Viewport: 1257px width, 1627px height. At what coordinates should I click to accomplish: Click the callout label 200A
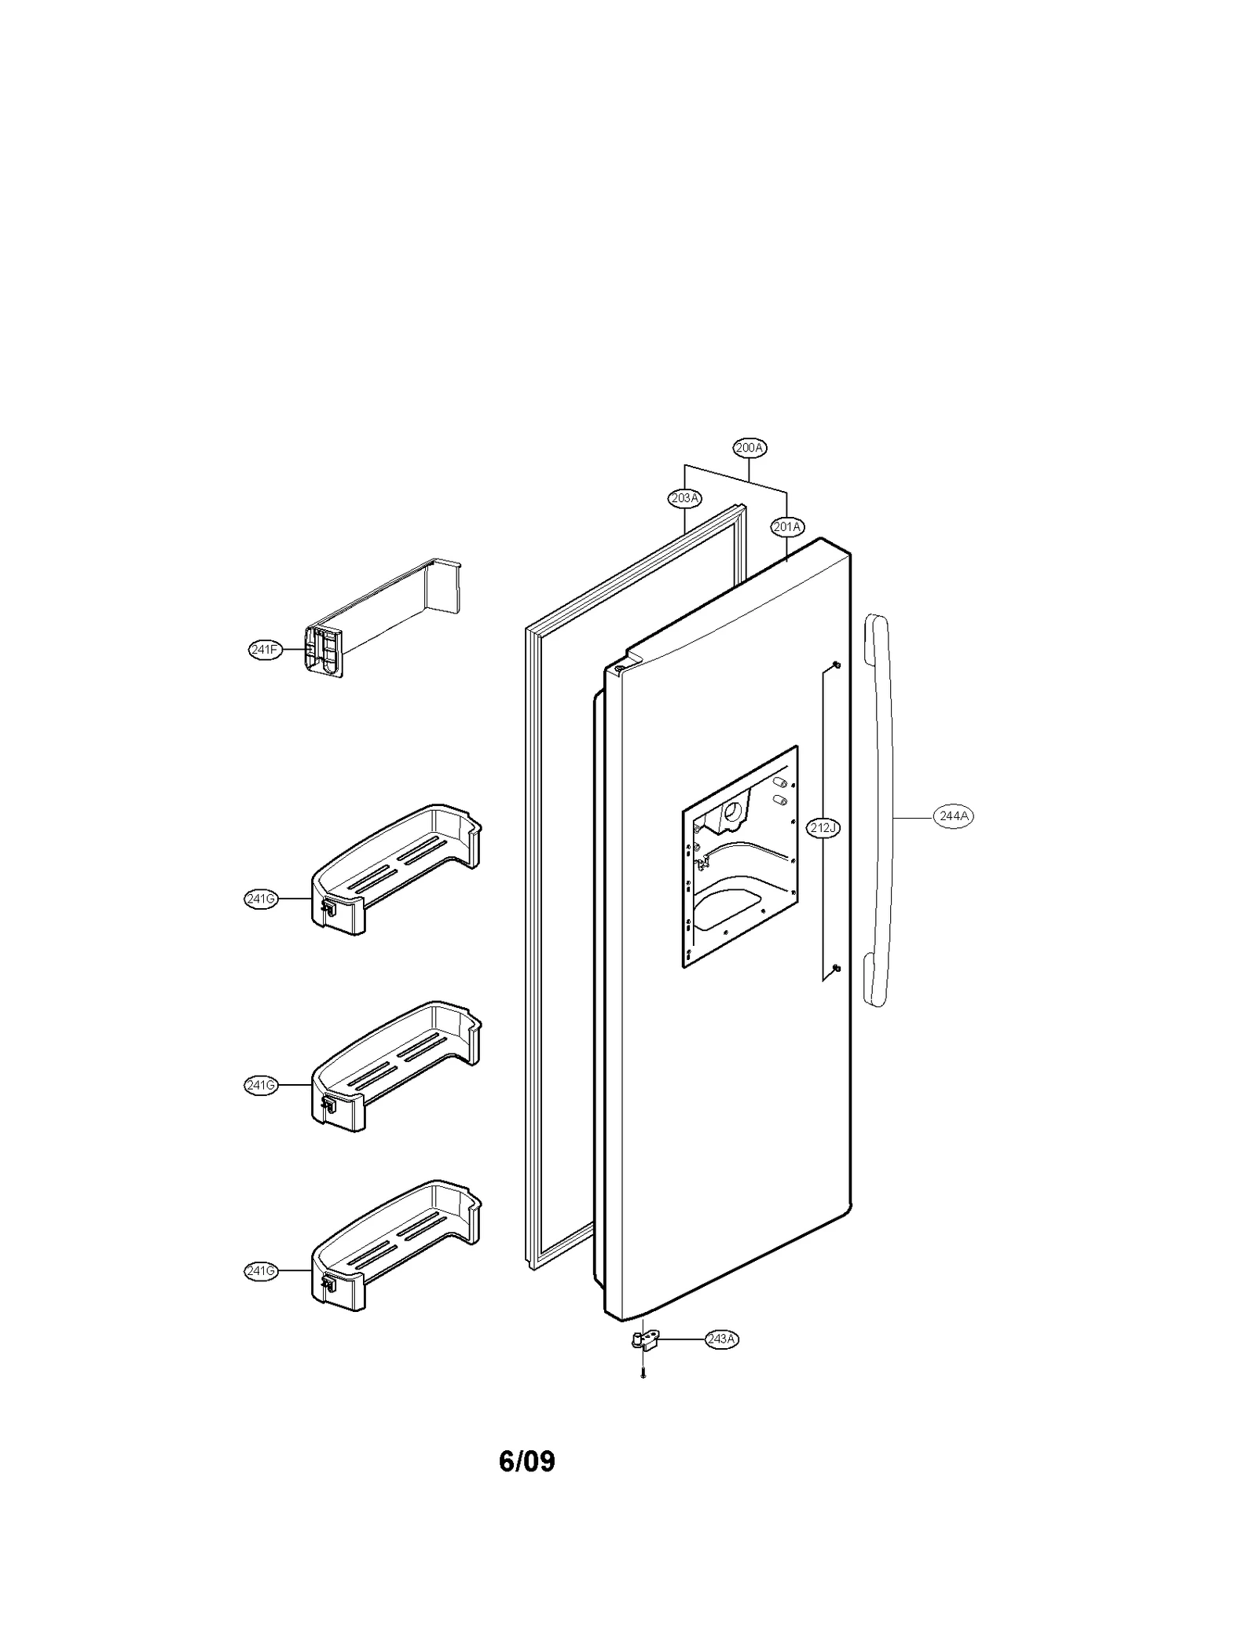749,448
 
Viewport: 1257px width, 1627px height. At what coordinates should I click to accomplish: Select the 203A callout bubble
684,497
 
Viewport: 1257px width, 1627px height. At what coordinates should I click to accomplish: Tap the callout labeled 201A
786,527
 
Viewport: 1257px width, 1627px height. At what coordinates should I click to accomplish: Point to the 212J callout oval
823,827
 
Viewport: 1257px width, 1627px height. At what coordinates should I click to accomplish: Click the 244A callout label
954,816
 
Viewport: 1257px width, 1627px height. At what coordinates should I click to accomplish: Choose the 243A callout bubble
721,1339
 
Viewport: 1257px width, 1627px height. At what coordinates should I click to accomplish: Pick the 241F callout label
265,650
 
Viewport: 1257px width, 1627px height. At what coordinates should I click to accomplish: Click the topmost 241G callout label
261,900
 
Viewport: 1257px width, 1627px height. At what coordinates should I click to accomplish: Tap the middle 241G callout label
261,1086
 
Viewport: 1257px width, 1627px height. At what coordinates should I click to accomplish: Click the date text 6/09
526,1461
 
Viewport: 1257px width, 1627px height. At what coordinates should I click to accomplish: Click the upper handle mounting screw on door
837,665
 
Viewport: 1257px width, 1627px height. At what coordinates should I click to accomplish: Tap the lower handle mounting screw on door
837,967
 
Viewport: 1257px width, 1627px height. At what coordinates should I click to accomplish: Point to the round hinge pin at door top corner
619,669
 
